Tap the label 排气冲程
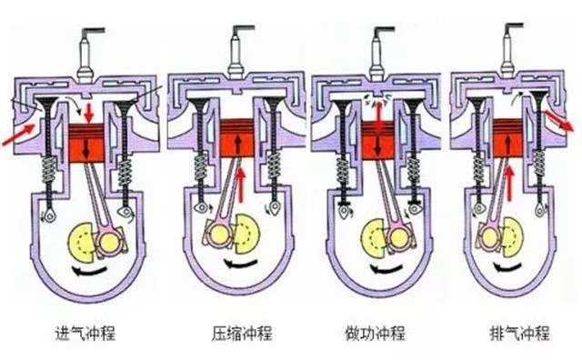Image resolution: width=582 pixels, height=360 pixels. point(516,333)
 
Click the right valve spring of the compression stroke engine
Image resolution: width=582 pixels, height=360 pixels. point(272,173)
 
